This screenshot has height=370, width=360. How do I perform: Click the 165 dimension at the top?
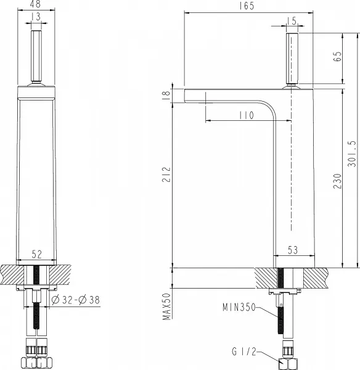(247, 6)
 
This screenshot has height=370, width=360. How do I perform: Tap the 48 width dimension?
(36, 4)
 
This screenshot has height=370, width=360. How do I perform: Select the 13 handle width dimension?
(36, 17)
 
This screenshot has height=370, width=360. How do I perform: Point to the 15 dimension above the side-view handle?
(292, 21)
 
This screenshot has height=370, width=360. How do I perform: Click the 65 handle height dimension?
(337, 56)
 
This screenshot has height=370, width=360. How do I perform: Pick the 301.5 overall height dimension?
(351, 154)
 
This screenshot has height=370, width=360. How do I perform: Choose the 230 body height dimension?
(337, 181)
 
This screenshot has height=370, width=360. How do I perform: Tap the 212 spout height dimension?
(166, 175)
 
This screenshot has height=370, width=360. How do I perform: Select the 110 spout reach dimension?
(247, 115)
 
